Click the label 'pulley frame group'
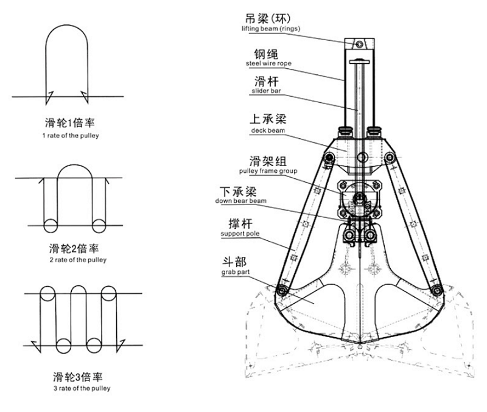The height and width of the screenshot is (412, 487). pyautogui.click(x=268, y=171)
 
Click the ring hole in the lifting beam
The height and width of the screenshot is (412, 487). pyautogui.click(x=359, y=44)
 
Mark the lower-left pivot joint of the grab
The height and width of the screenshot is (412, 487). pyautogui.click(x=281, y=291)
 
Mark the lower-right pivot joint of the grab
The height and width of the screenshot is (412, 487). pyautogui.click(x=435, y=290)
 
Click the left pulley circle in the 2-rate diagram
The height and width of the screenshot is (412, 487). pyautogui.click(x=51, y=225)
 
